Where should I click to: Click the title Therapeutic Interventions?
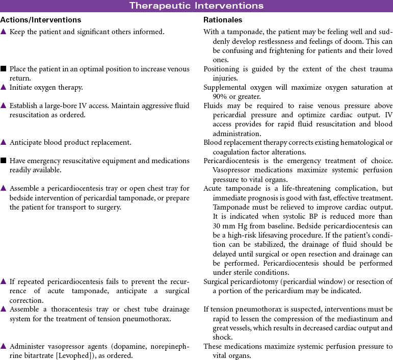tap(196, 6)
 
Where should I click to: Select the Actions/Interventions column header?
tap(41, 20)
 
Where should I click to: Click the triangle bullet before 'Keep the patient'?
tap(4, 32)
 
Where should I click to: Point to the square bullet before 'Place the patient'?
tap(4, 69)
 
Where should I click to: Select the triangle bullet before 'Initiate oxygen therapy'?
tap(4, 87)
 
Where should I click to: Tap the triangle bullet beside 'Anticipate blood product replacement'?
tap(4, 142)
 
